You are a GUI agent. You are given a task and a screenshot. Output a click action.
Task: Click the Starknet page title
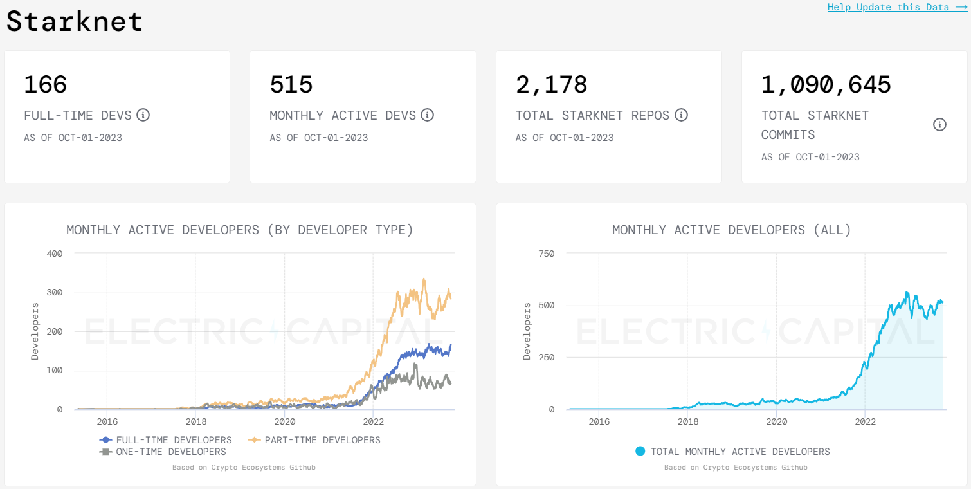[x=75, y=21]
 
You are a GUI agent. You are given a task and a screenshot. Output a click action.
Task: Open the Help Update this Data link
[x=897, y=7]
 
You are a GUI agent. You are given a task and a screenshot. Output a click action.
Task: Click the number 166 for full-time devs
[x=46, y=85]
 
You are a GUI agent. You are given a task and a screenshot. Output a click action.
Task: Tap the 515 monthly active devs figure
[x=291, y=85]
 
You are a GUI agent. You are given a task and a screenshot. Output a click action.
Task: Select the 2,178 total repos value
[x=552, y=85]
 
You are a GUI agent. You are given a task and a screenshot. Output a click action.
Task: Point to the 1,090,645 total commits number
[x=826, y=85]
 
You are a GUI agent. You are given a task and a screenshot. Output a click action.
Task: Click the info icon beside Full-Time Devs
[x=143, y=115]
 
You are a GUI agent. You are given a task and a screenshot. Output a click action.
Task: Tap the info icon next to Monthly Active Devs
[x=427, y=115]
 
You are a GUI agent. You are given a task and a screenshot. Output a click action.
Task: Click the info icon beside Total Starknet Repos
[x=681, y=115]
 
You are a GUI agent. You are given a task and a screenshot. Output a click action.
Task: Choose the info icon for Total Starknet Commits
[x=939, y=125]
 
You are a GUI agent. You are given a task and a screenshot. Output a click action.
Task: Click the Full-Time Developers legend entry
[x=166, y=440]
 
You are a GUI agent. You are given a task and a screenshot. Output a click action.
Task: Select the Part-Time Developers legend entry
[x=315, y=440]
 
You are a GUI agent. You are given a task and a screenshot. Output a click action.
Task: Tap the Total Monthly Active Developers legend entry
[x=732, y=452]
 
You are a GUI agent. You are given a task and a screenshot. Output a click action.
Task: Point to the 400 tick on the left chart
[x=55, y=254]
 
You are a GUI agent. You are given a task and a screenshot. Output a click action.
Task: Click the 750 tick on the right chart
[x=546, y=254]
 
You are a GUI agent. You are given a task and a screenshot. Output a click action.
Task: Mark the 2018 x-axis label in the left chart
[x=196, y=422]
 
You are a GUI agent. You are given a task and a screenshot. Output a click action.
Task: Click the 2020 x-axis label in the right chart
[x=776, y=422]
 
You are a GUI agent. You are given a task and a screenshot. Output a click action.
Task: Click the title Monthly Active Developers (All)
[x=731, y=230]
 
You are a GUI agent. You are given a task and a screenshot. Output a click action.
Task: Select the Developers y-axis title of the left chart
[x=35, y=331]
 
